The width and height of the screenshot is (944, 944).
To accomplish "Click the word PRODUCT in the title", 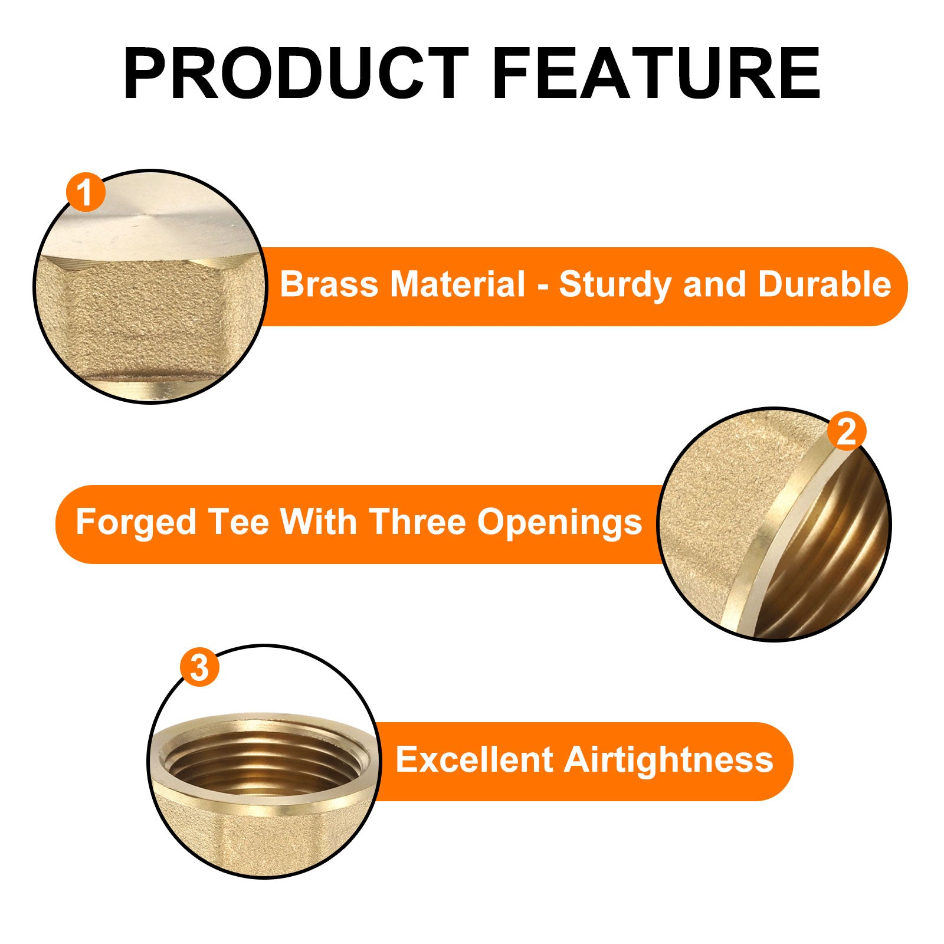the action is (x=296, y=74).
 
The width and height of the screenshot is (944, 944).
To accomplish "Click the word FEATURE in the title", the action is (x=657, y=74).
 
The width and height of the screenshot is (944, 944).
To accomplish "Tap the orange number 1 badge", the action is (x=86, y=192).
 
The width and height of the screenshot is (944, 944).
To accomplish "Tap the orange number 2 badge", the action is (x=847, y=432).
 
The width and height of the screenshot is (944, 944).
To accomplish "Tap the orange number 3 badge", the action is (x=199, y=668).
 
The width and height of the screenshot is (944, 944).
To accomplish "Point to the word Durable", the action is (x=824, y=284).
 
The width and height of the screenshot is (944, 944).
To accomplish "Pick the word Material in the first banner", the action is (x=458, y=284).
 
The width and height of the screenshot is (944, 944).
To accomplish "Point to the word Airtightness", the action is (x=668, y=760).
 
